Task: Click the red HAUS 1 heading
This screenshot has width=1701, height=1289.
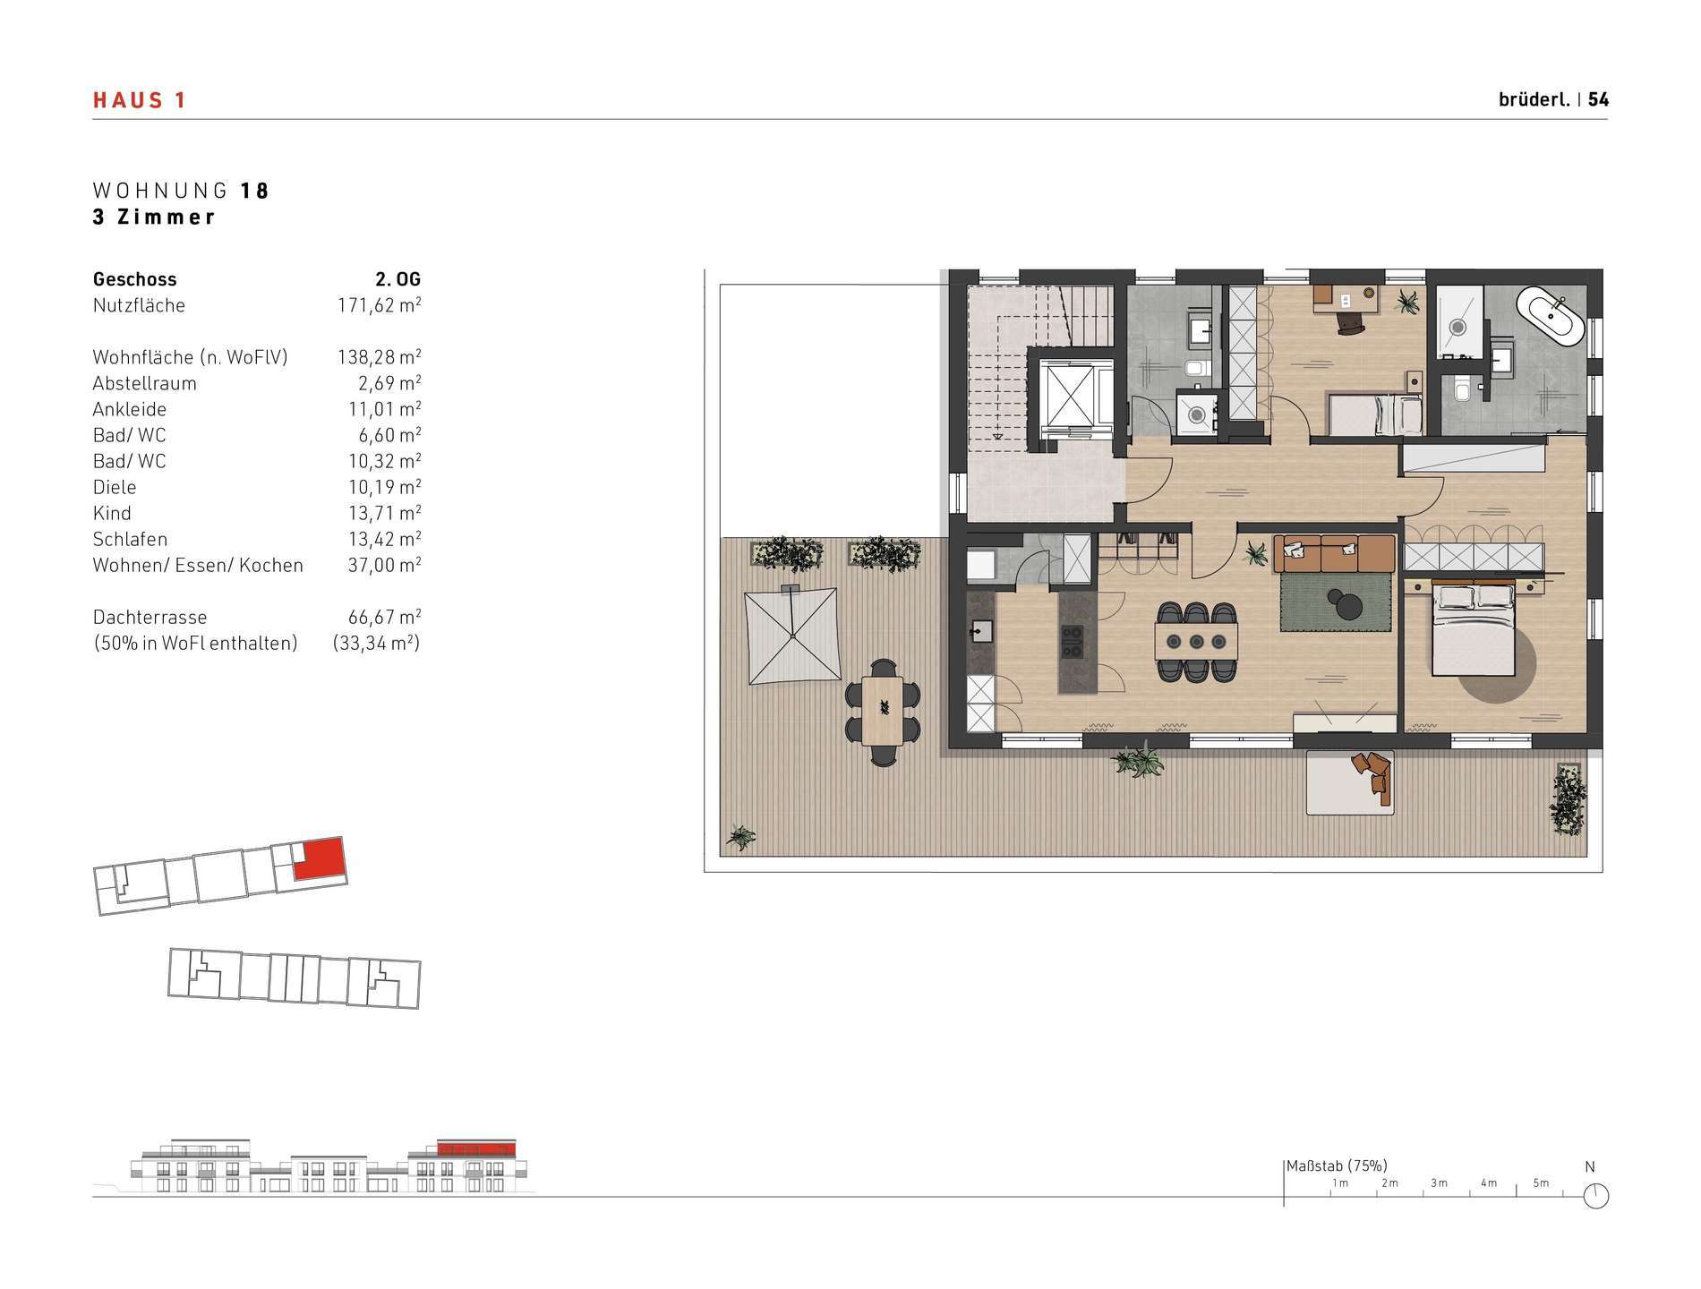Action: (139, 100)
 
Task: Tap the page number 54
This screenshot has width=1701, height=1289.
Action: (1598, 100)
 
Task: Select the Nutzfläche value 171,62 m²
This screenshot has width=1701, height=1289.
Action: (379, 305)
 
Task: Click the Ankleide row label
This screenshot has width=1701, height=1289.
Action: (130, 409)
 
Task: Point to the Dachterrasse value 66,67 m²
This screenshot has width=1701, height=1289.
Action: (384, 617)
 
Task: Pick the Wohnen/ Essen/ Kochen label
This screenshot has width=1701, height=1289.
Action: (198, 565)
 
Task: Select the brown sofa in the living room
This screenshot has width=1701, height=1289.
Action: (1333, 554)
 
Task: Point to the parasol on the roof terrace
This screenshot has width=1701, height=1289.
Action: (792, 635)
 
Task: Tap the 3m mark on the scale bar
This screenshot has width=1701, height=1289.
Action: (1439, 1182)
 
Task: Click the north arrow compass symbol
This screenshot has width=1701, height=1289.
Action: (1595, 1195)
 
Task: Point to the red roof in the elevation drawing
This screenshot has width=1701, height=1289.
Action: (477, 1148)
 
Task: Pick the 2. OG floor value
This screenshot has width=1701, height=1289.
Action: (397, 279)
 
